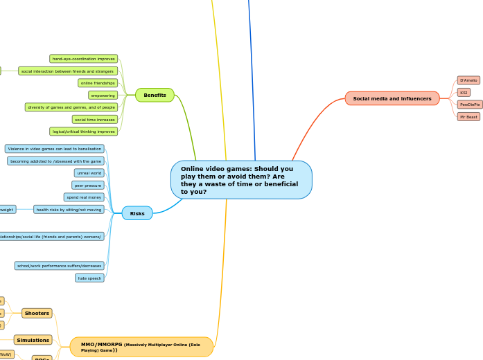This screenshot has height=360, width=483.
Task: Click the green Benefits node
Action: (155, 95)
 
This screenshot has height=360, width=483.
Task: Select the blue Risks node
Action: (137, 213)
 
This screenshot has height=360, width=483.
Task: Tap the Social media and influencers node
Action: (392, 98)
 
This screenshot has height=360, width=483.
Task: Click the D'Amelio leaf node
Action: (468, 80)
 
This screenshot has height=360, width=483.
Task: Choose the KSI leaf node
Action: (464, 92)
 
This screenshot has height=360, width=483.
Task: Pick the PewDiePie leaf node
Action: (469, 105)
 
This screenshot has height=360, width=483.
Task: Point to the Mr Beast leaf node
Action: (468, 117)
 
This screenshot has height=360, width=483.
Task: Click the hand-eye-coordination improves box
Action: (84, 59)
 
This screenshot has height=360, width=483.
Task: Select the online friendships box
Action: (98, 83)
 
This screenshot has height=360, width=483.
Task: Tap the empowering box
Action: (103, 95)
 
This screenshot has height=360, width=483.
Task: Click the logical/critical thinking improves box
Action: (84, 132)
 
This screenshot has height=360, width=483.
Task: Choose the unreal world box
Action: (89, 173)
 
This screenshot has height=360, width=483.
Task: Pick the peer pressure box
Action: (88, 185)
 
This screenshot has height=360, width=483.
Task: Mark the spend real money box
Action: (84, 197)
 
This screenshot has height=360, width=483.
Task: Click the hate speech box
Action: (89, 278)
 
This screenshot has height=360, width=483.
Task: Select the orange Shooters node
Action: (37, 313)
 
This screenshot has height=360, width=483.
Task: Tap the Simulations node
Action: (33, 340)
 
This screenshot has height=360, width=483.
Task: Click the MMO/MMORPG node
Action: (141, 346)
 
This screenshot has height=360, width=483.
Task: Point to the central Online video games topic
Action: (241, 180)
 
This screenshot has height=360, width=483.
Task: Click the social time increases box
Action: (95, 119)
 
